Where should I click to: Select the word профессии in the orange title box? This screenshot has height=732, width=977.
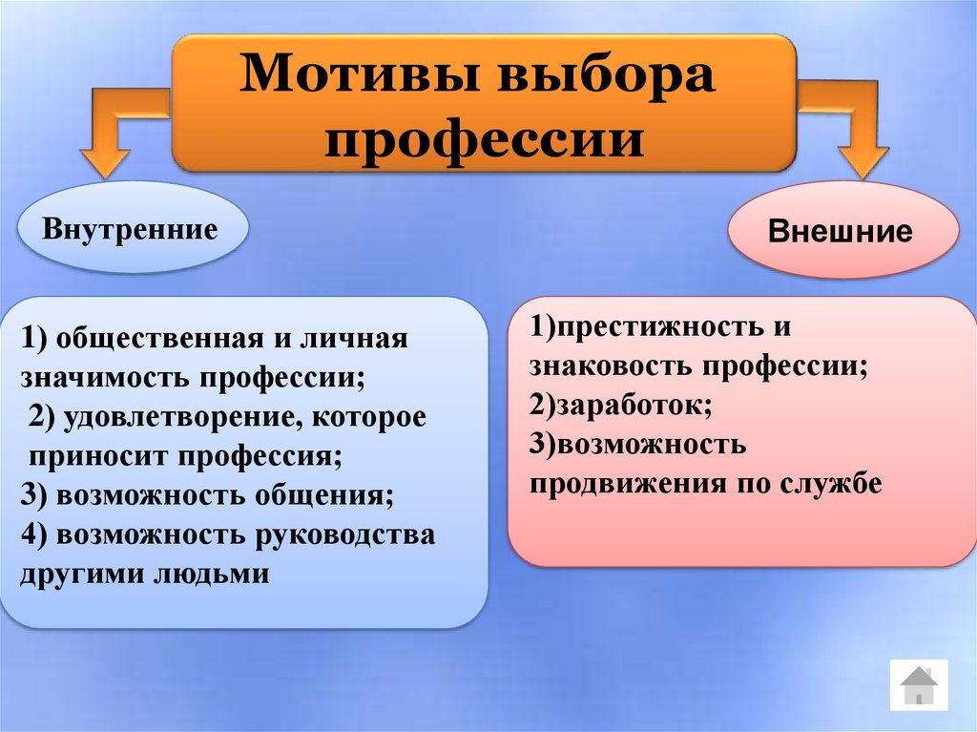[x=484, y=138]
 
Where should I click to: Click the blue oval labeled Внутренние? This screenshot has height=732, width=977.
[x=133, y=227]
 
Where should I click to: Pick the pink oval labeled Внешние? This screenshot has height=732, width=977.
[x=843, y=230]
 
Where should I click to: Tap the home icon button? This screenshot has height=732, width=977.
[x=919, y=685]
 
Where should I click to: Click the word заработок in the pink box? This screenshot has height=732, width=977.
[x=634, y=406]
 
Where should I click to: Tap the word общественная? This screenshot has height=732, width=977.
[x=160, y=340]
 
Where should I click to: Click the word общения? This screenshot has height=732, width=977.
[x=325, y=496]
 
